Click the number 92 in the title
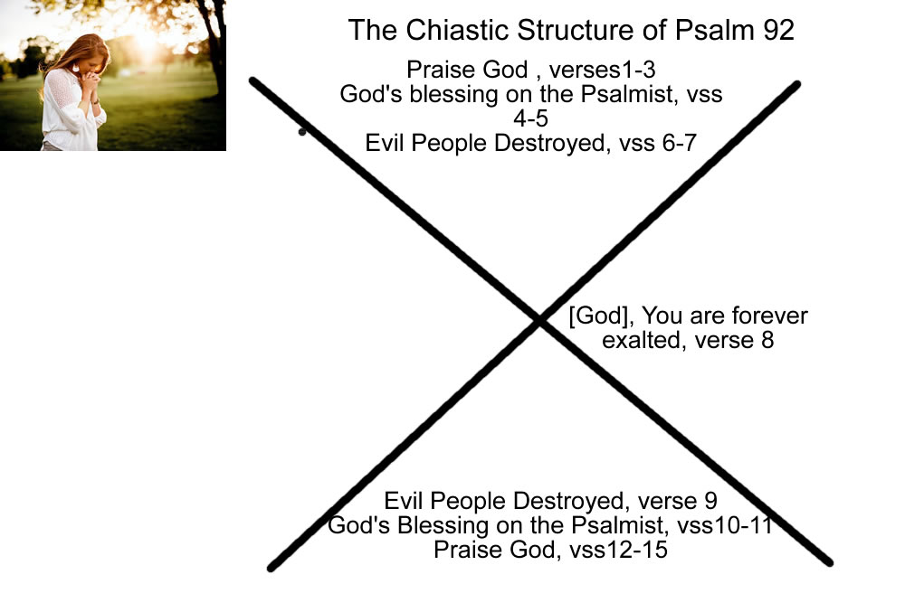tap(775, 30)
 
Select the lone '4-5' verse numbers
tap(531, 118)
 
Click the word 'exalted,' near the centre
tap(639, 341)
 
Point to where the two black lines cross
tap(541, 320)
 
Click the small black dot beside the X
tap(301, 132)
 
